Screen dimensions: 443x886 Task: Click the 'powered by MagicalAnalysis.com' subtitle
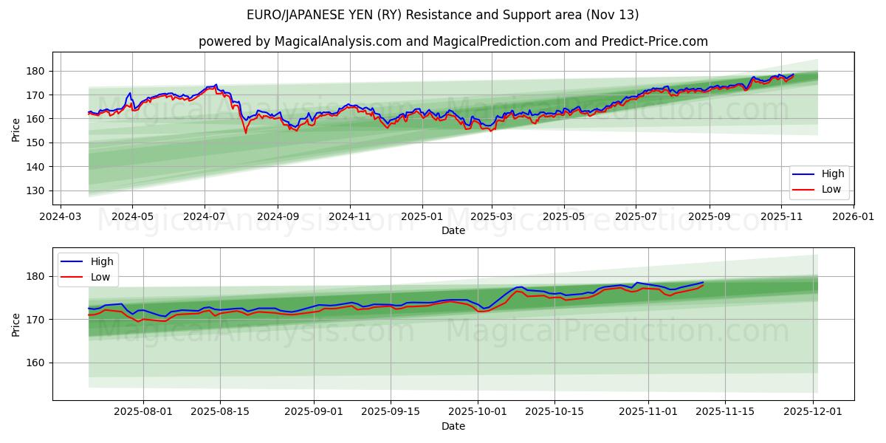click(x=453, y=41)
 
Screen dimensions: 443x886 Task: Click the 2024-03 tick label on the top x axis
click(x=60, y=217)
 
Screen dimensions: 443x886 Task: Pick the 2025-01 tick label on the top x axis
click(x=422, y=217)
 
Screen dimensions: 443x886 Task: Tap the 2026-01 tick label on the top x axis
click(x=854, y=217)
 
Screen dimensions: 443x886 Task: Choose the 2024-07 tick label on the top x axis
click(x=205, y=217)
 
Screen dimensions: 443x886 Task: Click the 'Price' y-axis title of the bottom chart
click(x=16, y=324)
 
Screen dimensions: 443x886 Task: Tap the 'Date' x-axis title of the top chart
click(x=453, y=230)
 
